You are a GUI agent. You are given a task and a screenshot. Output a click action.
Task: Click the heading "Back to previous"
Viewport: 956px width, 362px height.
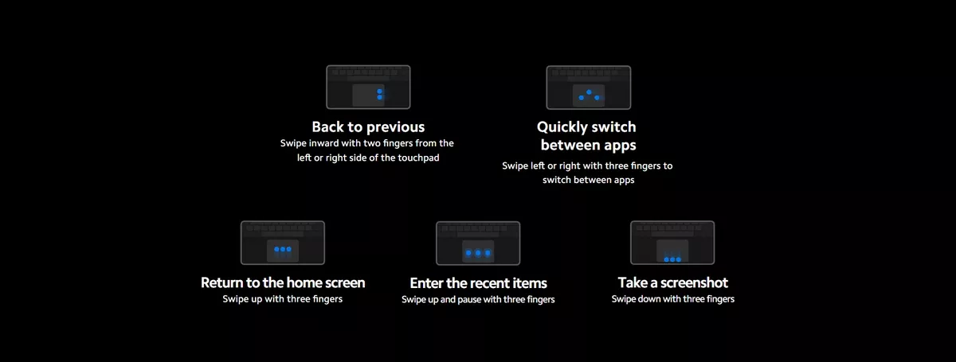(x=368, y=127)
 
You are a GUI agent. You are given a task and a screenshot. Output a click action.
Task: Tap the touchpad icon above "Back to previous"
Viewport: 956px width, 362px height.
(x=368, y=87)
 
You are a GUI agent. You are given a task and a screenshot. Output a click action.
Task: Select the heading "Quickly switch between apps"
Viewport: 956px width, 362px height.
(x=588, y=136)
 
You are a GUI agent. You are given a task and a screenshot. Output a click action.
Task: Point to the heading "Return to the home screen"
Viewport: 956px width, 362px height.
(x=283, y=282)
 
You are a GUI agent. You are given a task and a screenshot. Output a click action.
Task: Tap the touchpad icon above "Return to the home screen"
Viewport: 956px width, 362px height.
(x=283, y=243)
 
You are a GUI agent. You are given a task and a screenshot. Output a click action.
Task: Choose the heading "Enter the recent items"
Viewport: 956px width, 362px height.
(x=478, y=283)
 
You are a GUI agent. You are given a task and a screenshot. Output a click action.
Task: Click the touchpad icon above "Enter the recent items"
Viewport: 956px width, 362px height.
(x=478, y=243)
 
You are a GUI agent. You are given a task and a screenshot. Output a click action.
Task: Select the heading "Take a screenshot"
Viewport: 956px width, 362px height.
(x=673, y=282)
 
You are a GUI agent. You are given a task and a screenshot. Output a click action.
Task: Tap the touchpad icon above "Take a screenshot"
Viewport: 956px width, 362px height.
(x=673, y=243)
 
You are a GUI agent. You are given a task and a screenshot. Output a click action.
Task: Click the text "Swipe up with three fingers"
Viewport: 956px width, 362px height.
(x=283, y=299)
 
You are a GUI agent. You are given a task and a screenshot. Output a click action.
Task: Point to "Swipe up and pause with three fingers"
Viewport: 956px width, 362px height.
(x=478, y=300)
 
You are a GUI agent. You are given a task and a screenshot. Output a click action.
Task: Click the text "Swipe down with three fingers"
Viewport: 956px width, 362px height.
(x=673, y=299)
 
